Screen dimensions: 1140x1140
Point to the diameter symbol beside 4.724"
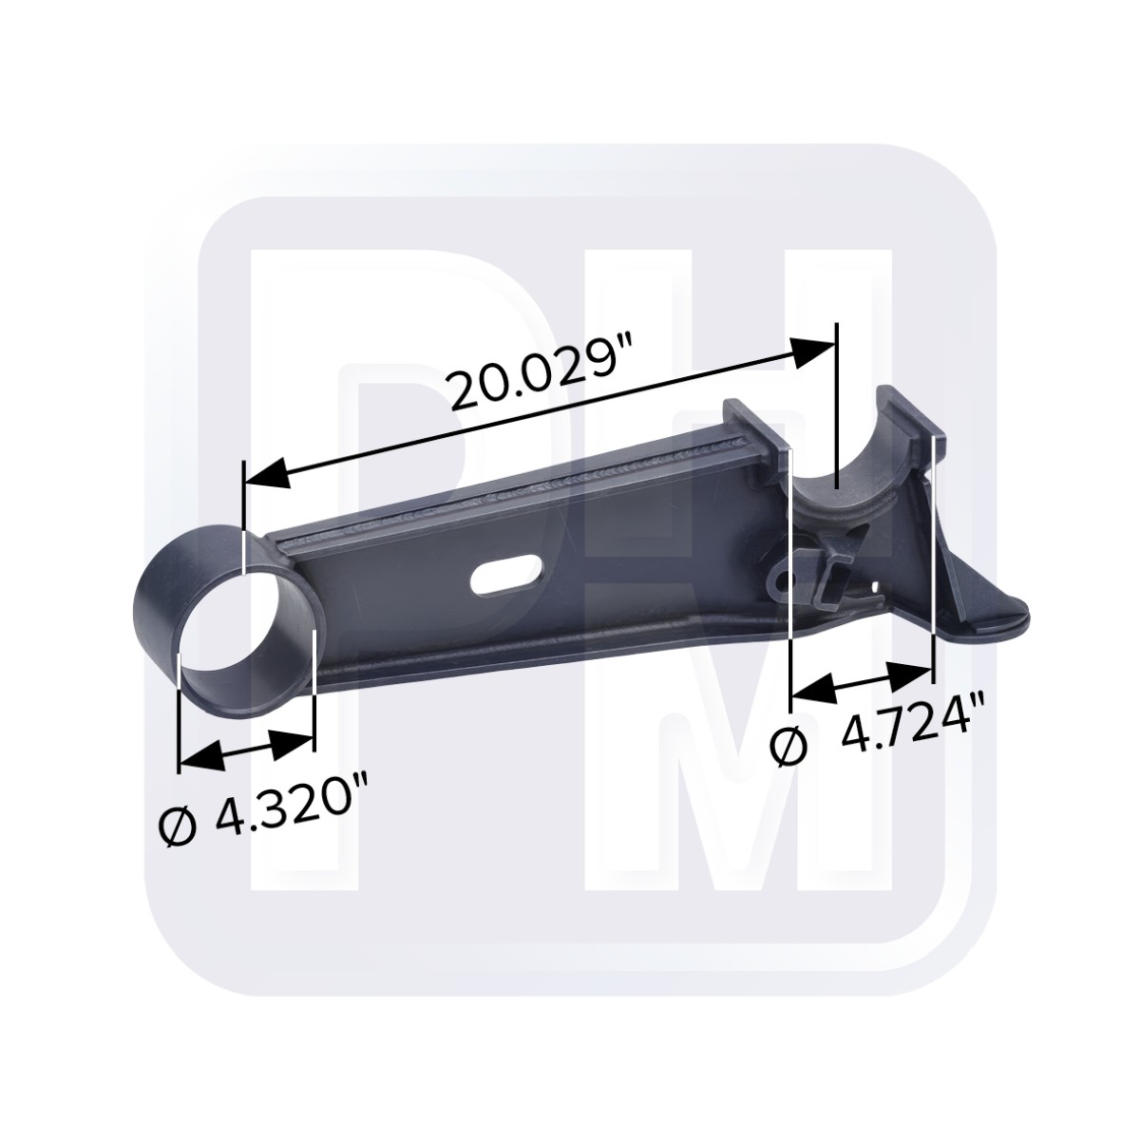pos(789,748)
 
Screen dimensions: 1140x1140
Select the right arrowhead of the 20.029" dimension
pos(814,353)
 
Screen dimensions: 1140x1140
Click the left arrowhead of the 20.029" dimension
pos(267,474)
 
